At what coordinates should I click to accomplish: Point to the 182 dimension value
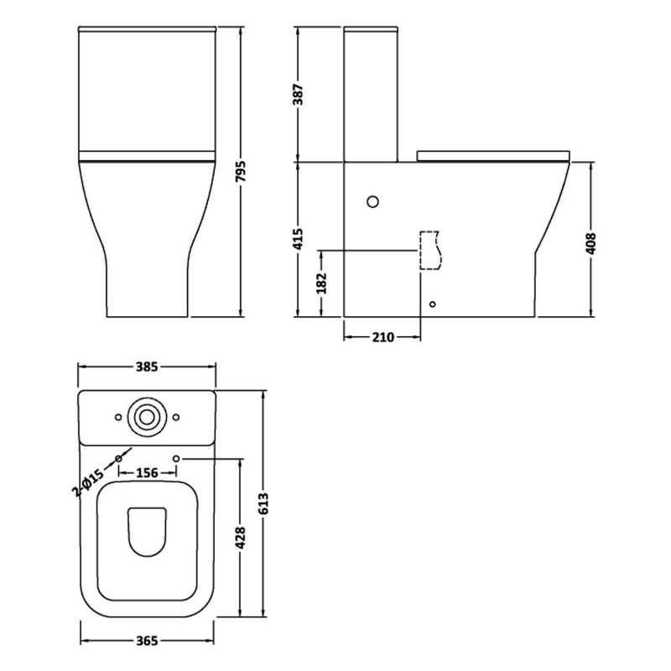coord(321,283)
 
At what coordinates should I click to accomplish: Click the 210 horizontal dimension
coord(382,337)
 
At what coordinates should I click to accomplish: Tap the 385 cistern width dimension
coord(147,367)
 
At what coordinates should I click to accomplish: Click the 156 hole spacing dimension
coord(147,473)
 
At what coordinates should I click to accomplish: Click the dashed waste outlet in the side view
coord(429,250)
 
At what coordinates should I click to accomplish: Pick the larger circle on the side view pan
coord(374,201)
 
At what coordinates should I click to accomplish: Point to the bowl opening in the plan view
coord(148,533)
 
